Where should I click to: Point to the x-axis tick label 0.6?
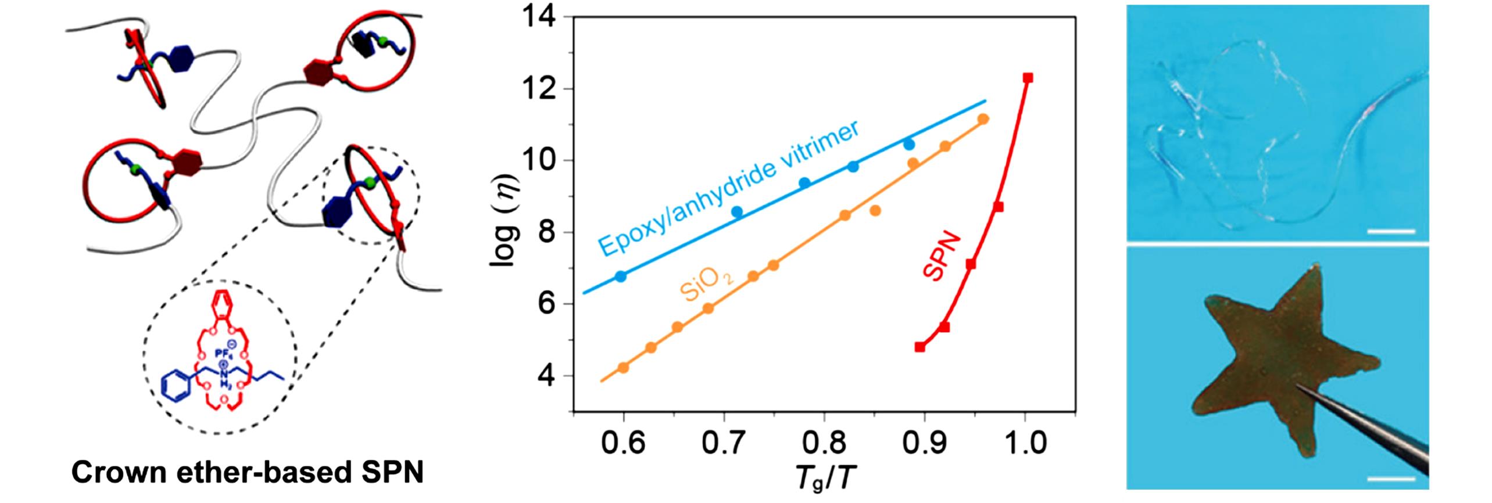(x=622, y=444)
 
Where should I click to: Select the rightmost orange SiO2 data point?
(x=983, y=120)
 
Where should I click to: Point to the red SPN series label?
(x=942, y=256)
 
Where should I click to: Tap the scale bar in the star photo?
(x=1391, y=479)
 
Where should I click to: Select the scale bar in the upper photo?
(x=1391, y=231)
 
